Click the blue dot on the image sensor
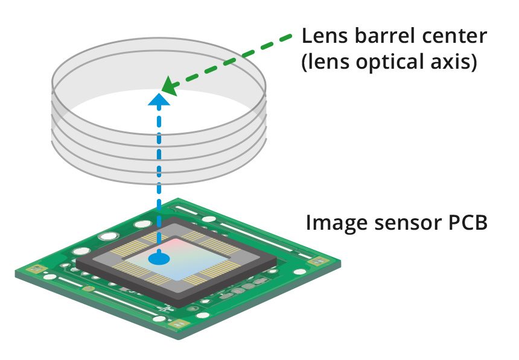[159, 259]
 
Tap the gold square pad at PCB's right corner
[316, 262]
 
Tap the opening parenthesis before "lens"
[305, 63]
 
